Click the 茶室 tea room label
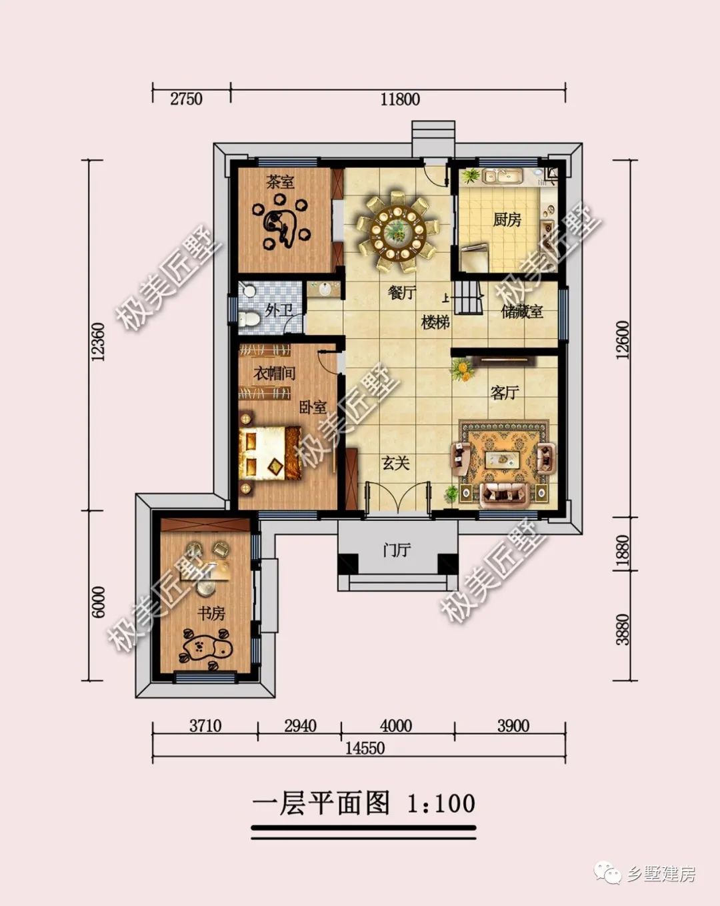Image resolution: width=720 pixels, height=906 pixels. coord(280,181)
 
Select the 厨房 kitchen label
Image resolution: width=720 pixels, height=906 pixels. coord(507,219)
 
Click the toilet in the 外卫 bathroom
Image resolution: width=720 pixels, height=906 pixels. coord(249,319)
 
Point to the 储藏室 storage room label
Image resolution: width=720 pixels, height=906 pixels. coord(522,312)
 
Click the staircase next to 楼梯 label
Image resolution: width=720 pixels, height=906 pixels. coord(469,297)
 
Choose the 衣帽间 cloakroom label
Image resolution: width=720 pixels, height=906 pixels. coord(274,373)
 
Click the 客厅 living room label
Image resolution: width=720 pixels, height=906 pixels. coord(505,392)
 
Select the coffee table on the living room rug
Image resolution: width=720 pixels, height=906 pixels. coord(503,459)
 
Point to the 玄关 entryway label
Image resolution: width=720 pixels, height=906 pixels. coord(395,462)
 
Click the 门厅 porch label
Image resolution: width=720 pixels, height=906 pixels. coord(397,550)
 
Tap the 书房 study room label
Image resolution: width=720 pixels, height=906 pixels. coord(211,612)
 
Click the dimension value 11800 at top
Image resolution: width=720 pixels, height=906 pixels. coord(400,99)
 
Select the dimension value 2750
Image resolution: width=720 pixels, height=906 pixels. coord(186,99)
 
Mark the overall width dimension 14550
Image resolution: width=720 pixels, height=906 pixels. coord(365,748)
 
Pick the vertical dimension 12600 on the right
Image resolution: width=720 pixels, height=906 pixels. coord(623,340)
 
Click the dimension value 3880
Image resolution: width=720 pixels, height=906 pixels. coord(623,629)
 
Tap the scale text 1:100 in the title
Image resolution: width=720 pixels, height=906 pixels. coord(441,803)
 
